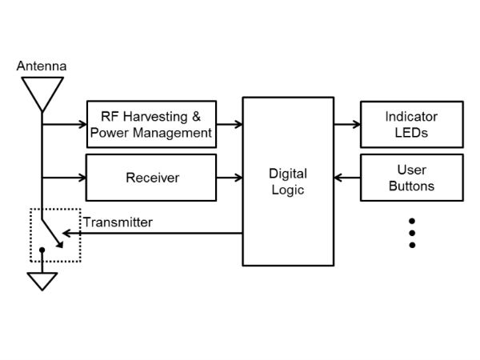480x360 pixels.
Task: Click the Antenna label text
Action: point(42,66)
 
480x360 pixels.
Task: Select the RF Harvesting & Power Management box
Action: point(151,124)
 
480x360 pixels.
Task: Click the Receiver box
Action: point(151,177)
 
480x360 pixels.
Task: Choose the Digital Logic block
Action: point(287,182)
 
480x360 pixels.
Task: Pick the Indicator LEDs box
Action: point(411,124)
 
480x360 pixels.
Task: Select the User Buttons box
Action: point(411,178)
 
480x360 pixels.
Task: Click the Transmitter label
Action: point(118,222)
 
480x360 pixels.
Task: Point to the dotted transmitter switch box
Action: point(56,235)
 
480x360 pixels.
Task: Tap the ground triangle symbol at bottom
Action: point(42,281)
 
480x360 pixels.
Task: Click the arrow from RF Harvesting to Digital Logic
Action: point(230,124)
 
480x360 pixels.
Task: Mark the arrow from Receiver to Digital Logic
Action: point(230,177)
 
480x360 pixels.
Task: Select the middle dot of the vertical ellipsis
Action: point(412,233)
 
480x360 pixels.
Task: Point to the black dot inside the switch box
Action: point(42,250)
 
